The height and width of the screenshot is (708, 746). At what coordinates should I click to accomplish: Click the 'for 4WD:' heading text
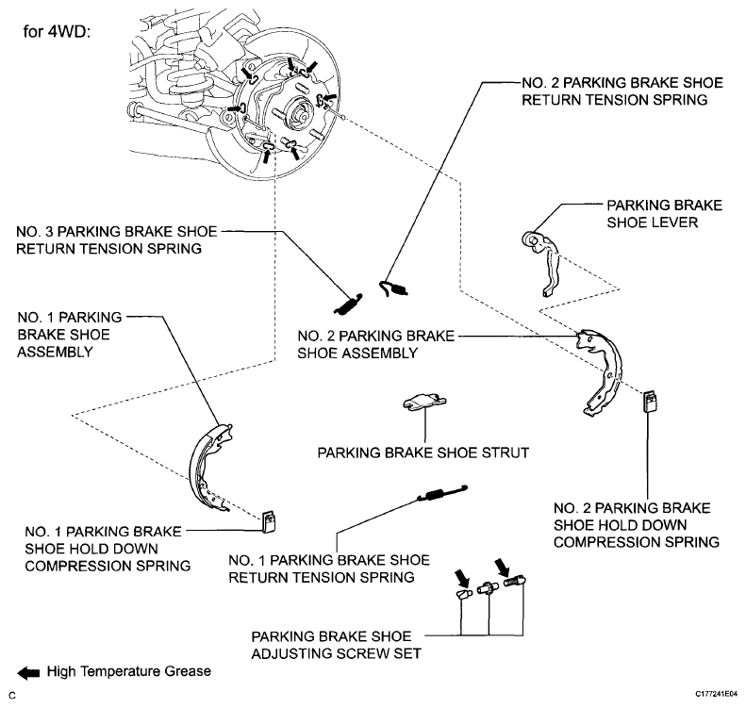click(x=57, y=32)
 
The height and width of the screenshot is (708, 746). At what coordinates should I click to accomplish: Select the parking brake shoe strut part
click(x=424, y=402)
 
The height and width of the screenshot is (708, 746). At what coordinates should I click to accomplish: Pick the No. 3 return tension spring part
click(x=348, y=305)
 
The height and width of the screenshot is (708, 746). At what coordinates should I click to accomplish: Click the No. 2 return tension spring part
click(x=393, y=288)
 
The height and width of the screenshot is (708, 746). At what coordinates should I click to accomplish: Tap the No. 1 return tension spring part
click(x=442, y=493)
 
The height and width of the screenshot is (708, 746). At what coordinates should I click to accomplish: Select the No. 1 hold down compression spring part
click(x=269, y=522)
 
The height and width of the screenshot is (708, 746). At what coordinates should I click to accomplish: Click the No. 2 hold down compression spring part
click(x=651, y=402)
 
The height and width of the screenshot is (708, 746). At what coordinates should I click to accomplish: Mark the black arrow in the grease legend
click(x=28, y=673)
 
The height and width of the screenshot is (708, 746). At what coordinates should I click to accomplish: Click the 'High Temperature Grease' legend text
click(x=129, y=671)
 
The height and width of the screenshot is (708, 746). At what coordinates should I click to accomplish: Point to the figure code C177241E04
click(x=717, y=694)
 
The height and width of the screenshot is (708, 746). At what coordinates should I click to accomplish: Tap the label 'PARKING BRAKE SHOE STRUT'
click(x=423, y=453)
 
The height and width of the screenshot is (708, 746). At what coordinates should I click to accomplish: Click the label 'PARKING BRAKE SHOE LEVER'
click(x=664, y=214)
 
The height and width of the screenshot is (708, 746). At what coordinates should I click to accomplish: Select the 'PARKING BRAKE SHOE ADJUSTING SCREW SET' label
click(x=337, y=645)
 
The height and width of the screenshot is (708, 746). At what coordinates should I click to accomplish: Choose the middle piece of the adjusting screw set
click(x=487, y=588)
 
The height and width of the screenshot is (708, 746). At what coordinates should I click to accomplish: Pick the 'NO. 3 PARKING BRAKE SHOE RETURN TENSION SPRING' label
click(x=117, y=240)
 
